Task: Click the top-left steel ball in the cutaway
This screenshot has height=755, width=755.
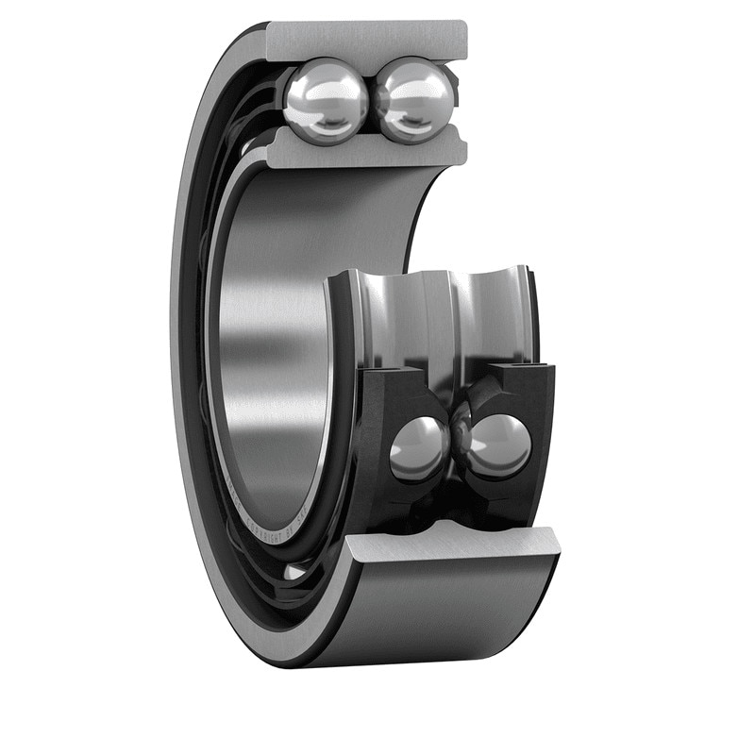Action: pos(325,99)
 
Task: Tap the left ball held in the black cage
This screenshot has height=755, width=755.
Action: pos(419,447)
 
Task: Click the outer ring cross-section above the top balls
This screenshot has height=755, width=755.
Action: pos(367,40)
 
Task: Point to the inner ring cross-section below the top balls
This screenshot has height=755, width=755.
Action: pos(367,149)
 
